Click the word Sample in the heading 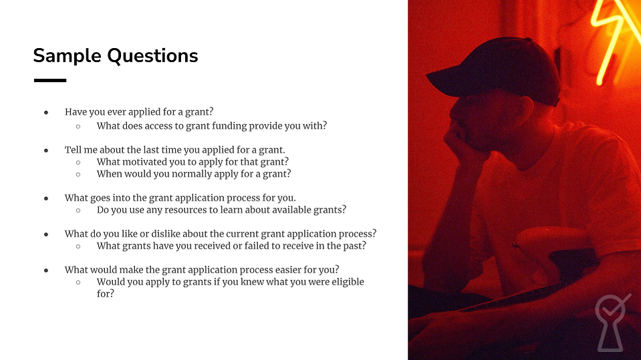coord(67,56)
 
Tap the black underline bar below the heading coord(50,81)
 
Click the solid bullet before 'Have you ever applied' coord(46,112)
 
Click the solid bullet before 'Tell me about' coord(46,150)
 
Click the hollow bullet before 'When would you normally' coord(78,174)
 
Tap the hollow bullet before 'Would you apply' coord(78,283)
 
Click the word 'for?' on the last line coord(106,294)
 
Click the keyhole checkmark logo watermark coord(611,323)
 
